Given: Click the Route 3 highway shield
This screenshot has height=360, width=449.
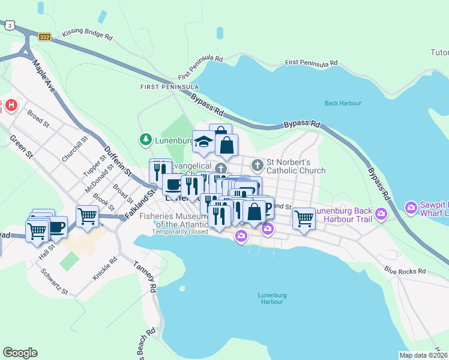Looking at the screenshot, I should (9, 25).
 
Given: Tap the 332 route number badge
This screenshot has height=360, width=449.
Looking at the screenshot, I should (44, 37).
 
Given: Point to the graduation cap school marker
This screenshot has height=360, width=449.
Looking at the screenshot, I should (203, 142).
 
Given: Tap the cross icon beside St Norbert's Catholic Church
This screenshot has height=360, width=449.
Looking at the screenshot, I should (258, 164).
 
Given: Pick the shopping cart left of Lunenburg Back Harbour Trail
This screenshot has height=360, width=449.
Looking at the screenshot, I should (304, 218).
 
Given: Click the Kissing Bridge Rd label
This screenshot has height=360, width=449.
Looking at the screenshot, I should (87, 37).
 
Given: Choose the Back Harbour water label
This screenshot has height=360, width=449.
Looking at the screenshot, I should (343, 103).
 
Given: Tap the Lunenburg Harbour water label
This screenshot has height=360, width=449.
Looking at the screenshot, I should (270, 298).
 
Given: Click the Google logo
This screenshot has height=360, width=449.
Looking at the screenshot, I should (20, 353).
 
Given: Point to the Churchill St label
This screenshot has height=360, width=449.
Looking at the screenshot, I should (74, 148).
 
